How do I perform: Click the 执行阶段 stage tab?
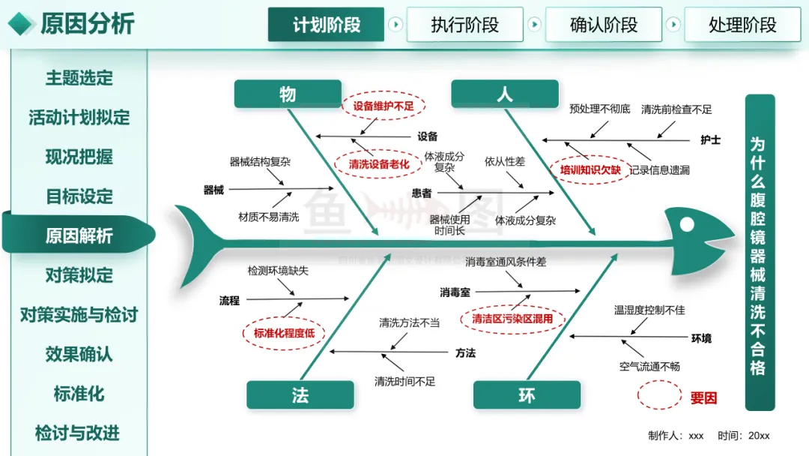465,24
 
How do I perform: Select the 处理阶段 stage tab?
742,24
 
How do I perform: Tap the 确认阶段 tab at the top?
604,24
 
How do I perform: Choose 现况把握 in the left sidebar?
79,157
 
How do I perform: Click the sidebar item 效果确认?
79,354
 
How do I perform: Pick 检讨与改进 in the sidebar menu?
77,433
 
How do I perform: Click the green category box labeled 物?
288,94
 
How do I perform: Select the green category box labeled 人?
505,94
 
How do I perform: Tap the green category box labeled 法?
300,395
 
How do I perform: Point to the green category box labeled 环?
527,395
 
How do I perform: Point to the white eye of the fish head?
687,224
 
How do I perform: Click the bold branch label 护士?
710,140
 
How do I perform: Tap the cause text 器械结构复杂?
260,162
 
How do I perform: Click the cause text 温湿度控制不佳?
649,310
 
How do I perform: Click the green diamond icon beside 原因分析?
21,24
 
